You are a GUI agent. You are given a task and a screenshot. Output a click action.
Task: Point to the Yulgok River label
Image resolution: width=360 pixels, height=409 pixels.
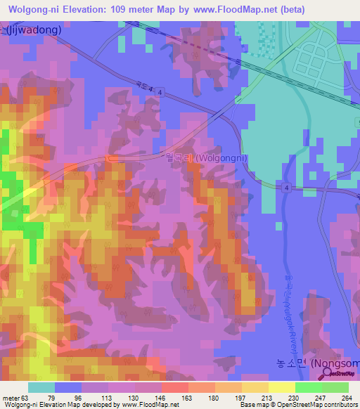(290, 310)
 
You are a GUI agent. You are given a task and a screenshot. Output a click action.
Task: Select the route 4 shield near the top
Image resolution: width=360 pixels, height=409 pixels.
(161, 93)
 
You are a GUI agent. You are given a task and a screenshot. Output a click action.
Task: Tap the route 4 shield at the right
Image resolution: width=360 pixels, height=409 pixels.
(287, 188)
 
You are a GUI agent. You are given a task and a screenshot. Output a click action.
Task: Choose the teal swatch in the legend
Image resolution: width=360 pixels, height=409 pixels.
(41, 387)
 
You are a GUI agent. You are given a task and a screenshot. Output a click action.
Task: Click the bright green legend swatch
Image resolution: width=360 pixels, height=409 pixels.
(308, 387)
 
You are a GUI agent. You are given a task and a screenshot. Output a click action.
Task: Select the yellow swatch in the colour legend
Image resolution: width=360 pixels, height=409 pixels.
(281, 387)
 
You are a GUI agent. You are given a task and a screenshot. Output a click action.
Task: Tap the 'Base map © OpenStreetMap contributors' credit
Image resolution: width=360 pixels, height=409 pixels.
(296, 405)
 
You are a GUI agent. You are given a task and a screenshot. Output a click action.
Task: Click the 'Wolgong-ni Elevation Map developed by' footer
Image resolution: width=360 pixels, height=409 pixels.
(56, 405)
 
